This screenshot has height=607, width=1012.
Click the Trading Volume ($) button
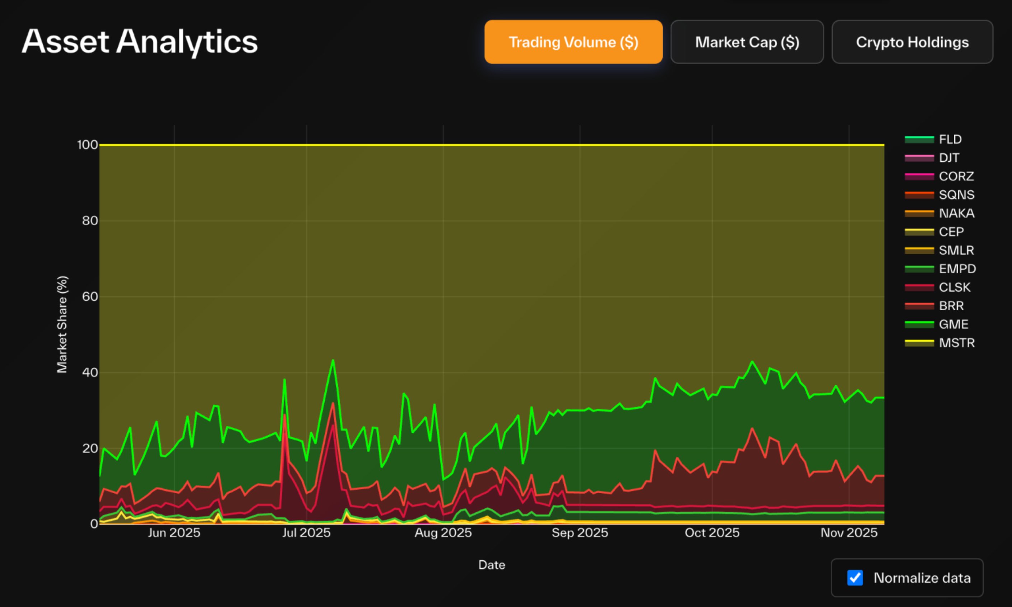(x=573, y=42)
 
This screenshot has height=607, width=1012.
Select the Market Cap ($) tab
(x=747, y=42)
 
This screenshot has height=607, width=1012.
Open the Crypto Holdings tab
(x=912, y=42)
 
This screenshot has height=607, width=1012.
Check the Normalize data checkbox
(x=855, y=578)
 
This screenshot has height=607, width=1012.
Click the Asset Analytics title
(x=140, y=42)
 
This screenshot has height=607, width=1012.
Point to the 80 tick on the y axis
(x=90, y=221)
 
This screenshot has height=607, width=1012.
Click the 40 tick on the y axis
(x=90, y=373)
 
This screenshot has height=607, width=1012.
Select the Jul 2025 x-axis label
(x=306, y=532)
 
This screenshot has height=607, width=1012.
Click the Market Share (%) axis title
(x=62, y=324)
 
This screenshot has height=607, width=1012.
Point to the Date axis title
(x=492, y=565)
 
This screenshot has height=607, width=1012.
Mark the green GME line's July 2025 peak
(x=333, y=360)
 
